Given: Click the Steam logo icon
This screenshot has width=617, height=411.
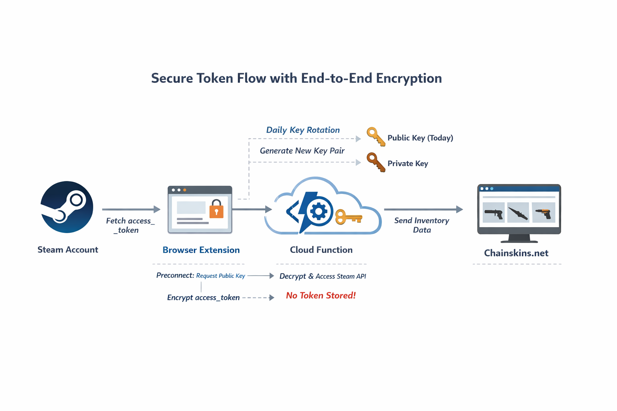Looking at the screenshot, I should (67, 207).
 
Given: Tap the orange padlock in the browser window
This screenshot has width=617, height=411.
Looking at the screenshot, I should (217, 209).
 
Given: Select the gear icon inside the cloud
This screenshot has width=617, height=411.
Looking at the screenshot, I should (319, 211).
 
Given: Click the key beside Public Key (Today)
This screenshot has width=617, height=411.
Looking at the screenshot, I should (376, 137).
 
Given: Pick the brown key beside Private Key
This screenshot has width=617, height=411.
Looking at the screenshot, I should (376, 162).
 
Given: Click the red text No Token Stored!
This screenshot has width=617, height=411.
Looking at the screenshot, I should (321, 296).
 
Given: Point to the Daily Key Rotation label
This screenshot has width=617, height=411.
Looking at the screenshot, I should (303, 130).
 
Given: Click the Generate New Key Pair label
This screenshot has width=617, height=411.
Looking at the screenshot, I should (302, 151).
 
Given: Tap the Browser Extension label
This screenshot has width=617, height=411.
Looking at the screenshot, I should (201, 250).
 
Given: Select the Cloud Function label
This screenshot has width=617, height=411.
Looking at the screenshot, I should (321, 250).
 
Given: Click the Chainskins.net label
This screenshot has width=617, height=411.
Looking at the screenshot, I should (516, 253).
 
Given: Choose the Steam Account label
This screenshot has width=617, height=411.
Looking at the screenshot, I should (67, 250).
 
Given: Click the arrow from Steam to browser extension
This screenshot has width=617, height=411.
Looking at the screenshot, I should (131, 209).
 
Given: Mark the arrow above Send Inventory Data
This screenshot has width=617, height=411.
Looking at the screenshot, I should (423, 209).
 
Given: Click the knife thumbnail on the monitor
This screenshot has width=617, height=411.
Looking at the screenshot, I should (518, 213).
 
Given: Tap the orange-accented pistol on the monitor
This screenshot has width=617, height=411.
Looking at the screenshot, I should (543, 213).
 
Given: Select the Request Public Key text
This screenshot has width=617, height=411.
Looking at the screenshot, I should (221, 276).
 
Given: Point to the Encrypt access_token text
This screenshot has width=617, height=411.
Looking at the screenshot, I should (203, 298).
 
